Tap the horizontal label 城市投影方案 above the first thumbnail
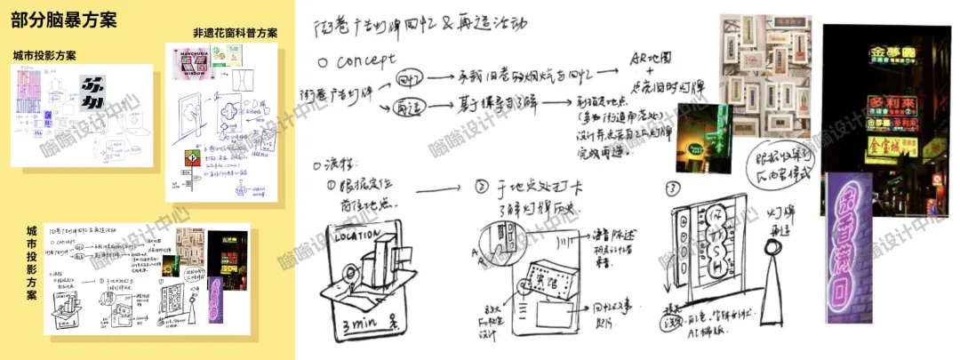tap(45, 56)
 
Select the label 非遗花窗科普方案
tap(235, 33)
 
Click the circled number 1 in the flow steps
tap(332, 188)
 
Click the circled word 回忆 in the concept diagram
tap(409, 78)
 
